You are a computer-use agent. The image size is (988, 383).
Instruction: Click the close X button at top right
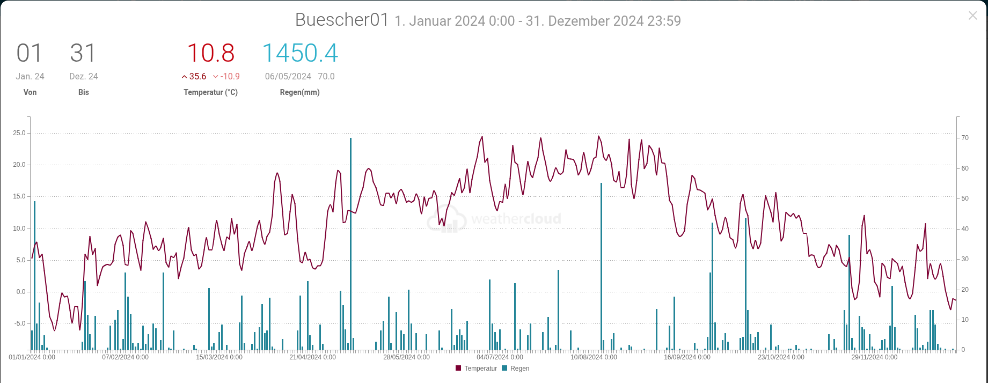coord(972,16)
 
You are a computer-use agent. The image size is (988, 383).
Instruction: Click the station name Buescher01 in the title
coord(341,20)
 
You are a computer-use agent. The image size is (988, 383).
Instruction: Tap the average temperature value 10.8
coord(210,53)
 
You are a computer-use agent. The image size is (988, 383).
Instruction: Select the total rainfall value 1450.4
coord(299,53)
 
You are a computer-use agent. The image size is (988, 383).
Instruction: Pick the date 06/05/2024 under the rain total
coord(288,77)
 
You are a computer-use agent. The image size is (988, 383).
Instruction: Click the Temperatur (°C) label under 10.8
coord(210,92)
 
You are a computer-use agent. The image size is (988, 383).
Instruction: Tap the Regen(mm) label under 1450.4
coord(299,92)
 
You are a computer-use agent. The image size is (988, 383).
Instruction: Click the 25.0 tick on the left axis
coord(19,133)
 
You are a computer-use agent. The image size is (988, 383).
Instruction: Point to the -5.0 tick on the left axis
coord(19,323)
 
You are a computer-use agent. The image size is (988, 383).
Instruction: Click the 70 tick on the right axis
coord(965,138)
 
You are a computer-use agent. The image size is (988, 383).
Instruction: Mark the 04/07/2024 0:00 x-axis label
coord(500,357)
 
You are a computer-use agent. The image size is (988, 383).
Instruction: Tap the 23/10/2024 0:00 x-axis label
coord(781,357)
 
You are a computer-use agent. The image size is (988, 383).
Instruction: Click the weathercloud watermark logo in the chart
coord(494,219)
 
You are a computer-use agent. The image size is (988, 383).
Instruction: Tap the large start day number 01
coord(29,53)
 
